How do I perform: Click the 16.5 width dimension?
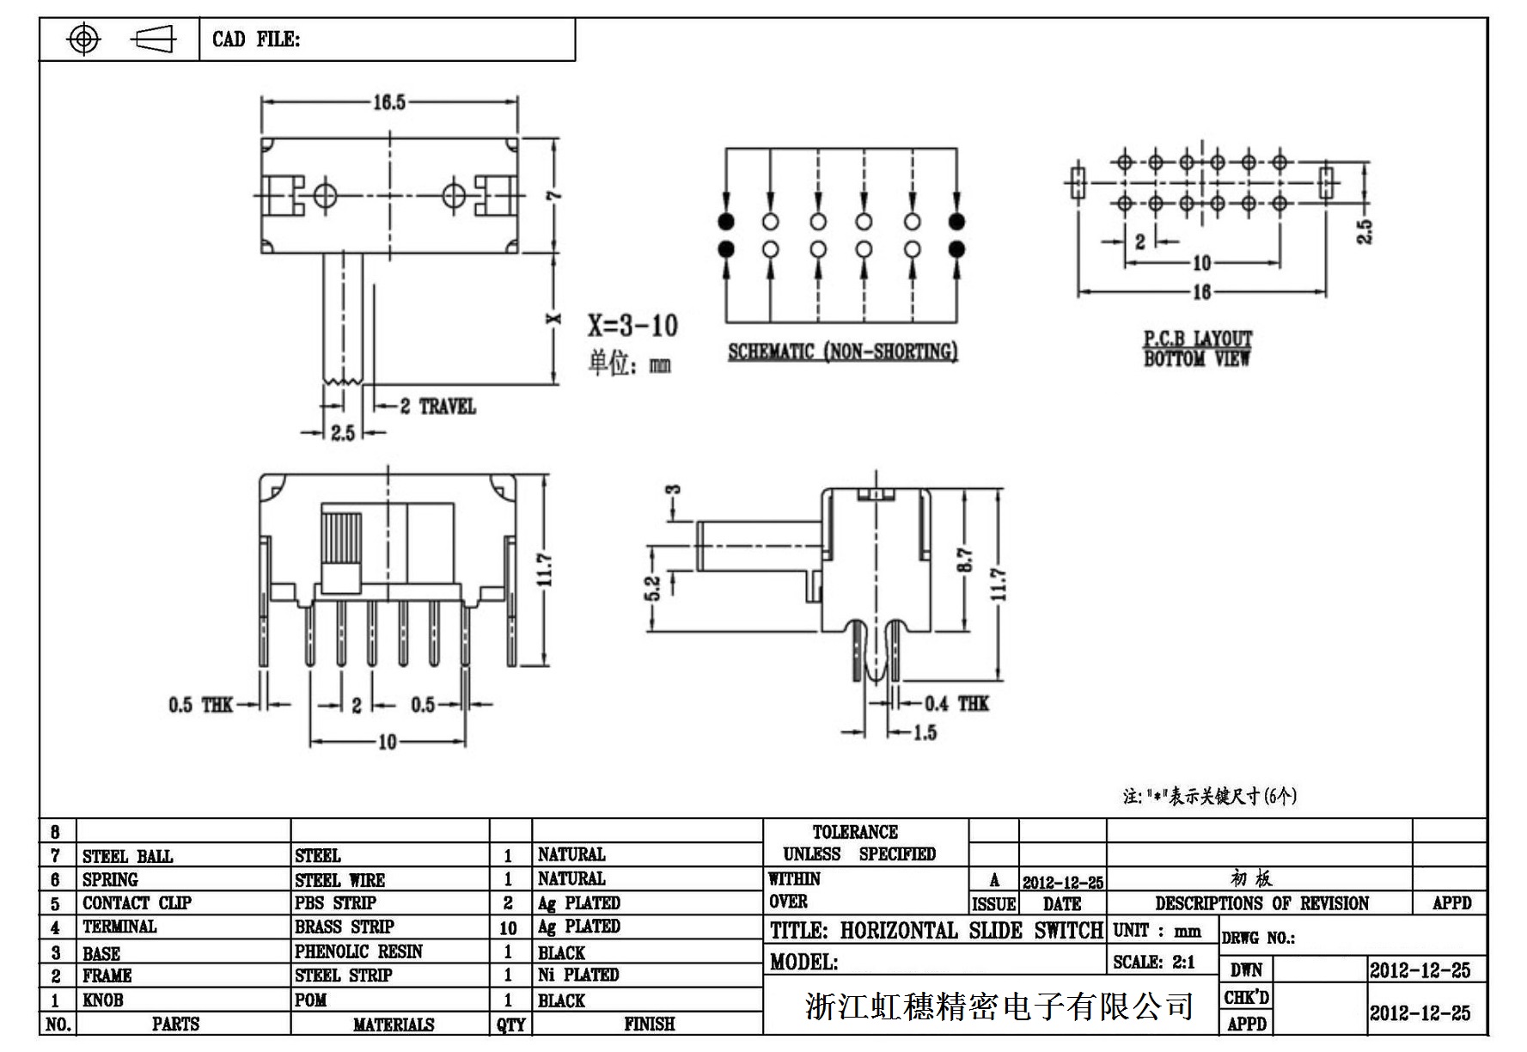click(x=388, y=103)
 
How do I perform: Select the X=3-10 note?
click(x=632, y=326)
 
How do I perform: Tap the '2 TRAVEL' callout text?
click(x=437, y=407)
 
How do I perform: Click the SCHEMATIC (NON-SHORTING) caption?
click(x=842, y=352)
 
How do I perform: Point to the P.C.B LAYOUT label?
click(x=1197, y=339)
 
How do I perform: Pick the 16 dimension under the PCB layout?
click(x=1201, y=292)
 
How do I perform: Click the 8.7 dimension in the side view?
click(x=965, y=561)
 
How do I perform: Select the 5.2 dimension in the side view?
click(x=652, y=589)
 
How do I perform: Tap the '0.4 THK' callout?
click(x=956, y=704)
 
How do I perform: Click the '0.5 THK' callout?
click(x=200, y=706)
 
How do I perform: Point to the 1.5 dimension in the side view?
click(x=924, y=733)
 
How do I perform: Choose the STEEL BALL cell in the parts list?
click(x=127, y=856)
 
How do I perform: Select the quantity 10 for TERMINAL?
click(x=508, y=928)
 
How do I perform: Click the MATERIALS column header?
click(x=394, y=1024)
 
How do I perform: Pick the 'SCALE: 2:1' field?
click(x=1154, y=963)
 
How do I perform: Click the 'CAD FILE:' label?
click(x=256, y=40)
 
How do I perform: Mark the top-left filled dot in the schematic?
click(x=726, y=222)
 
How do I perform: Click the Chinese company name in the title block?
click(x=999, y=1006)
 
